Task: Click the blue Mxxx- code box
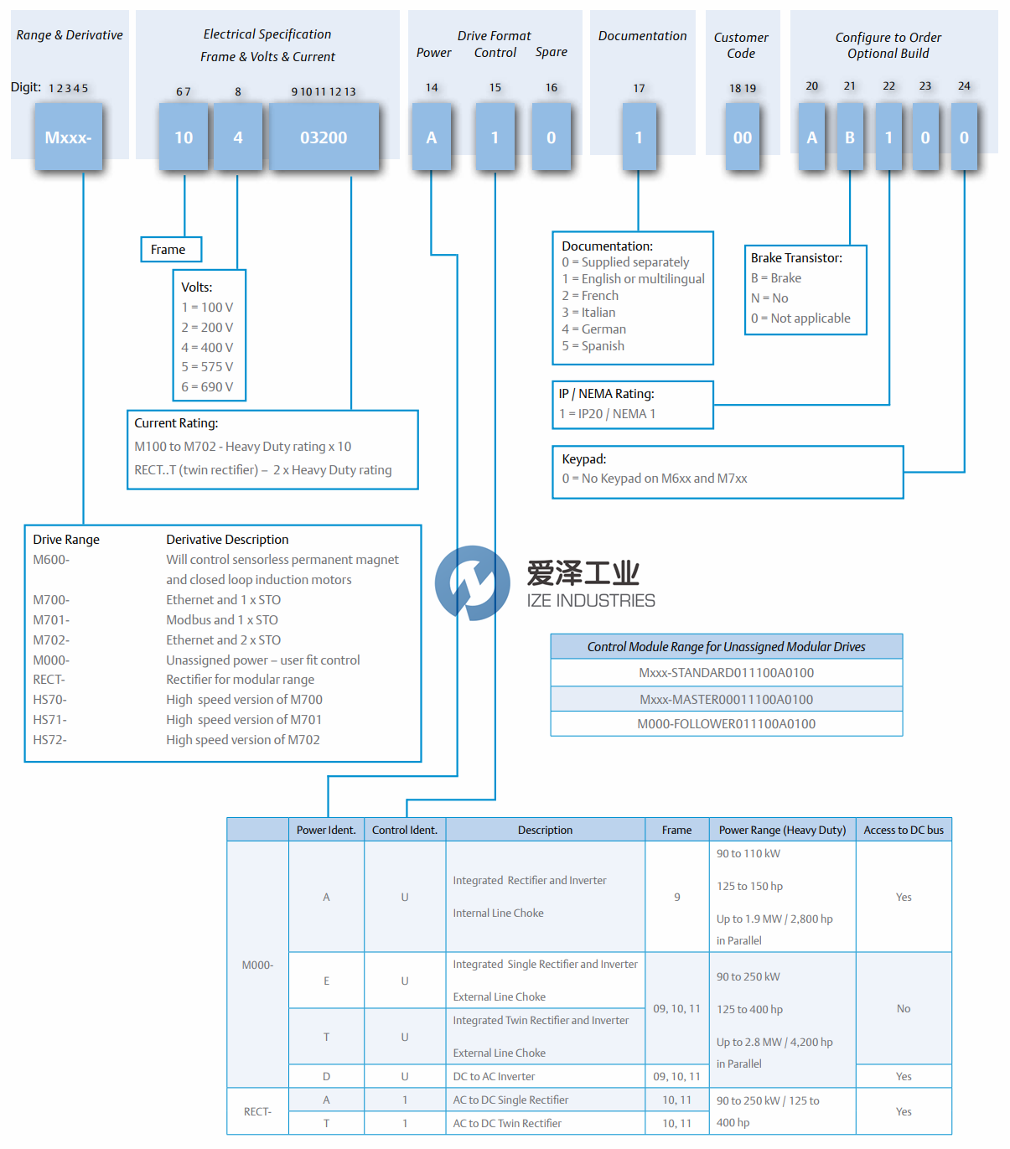68,137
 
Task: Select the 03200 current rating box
324,137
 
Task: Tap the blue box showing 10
184,137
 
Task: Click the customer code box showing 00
743,137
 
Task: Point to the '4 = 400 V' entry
207,347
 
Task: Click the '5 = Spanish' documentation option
593,346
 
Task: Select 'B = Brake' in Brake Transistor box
776,278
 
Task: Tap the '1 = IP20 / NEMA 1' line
608,414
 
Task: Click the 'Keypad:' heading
584,459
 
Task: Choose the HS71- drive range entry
50,720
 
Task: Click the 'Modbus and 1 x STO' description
222,620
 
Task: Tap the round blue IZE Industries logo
472,582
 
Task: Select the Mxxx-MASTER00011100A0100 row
726,700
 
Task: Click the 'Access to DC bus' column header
904,831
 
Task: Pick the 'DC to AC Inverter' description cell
494,1077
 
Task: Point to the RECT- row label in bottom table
257,1112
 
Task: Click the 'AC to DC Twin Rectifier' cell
507,1124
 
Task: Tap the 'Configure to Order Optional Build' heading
888,45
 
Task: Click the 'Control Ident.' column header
405,831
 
